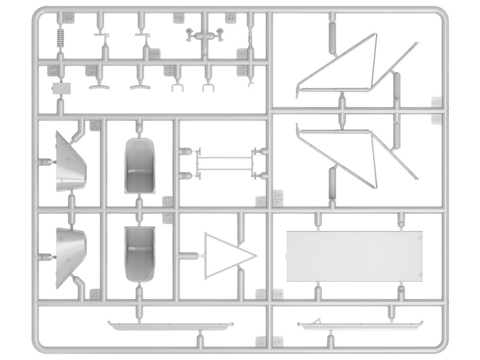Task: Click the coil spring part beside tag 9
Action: [60, 37]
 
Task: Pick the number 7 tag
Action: [178, 19]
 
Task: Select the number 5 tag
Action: [241, 53]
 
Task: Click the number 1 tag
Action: [436, 102]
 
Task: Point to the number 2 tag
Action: [436, 120]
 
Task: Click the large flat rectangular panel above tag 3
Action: [354, 256]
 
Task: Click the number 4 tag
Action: [278, 341]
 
